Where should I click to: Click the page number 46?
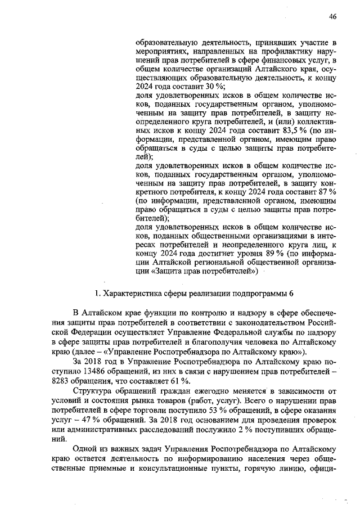332,17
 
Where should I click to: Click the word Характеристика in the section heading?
133,293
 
